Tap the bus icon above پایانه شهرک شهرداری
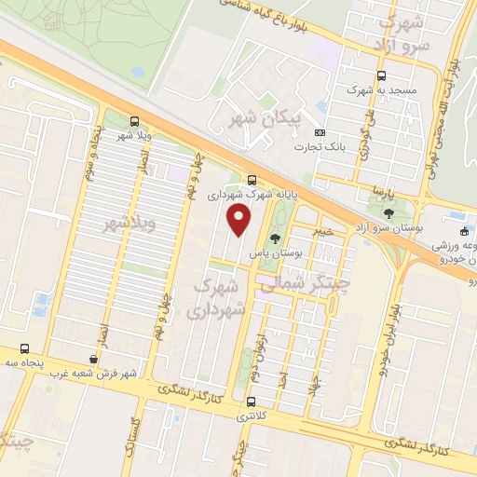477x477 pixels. (x=252, y=181)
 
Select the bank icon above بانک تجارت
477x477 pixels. (x=320, y=133)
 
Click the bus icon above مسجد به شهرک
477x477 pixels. (x=379, y=76)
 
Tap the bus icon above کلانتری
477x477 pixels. (x=252, y=402)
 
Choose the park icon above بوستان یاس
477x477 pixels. (x=274, y=238)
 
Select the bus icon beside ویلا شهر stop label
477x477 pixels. (x=136, y=121)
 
